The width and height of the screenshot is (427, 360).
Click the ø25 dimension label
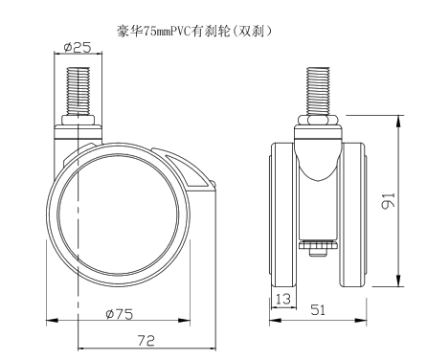tap(78, 47)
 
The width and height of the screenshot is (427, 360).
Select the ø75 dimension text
tap(120, 314)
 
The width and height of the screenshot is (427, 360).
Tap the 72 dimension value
tap(146, 341)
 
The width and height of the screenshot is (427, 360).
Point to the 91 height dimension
tap(389, 201)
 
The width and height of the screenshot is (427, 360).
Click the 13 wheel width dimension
tap(283, 299)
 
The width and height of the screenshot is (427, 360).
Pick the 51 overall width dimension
tap(318, 309)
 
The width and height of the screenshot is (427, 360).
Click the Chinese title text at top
tap(195, 32)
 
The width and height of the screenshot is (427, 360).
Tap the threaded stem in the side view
tap(79, 92)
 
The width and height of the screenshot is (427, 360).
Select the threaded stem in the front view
tap(318, 92)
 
